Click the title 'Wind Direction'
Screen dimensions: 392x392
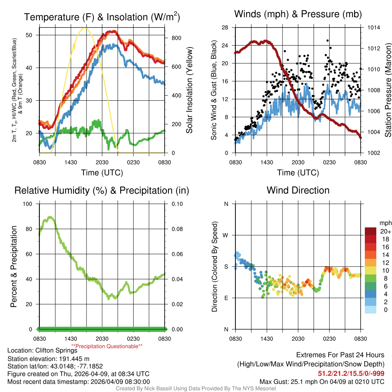298,190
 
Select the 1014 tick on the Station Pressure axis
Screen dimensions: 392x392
374,28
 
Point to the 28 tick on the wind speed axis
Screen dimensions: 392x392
225,28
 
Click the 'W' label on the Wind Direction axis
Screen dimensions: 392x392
226,235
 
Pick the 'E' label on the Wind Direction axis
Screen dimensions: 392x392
226,298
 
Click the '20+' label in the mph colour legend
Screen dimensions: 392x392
385,231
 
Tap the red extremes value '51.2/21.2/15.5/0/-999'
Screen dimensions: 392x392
351,373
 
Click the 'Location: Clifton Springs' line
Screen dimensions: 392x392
42,350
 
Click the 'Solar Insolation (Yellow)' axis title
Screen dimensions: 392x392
189,90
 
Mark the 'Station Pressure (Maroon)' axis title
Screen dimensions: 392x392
387,90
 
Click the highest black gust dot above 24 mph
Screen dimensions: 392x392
327,40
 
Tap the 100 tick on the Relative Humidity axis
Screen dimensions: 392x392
28,204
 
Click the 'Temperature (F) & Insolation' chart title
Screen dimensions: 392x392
102,17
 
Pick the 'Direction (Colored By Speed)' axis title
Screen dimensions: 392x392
215,266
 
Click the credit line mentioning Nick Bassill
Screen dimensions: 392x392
196,389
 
